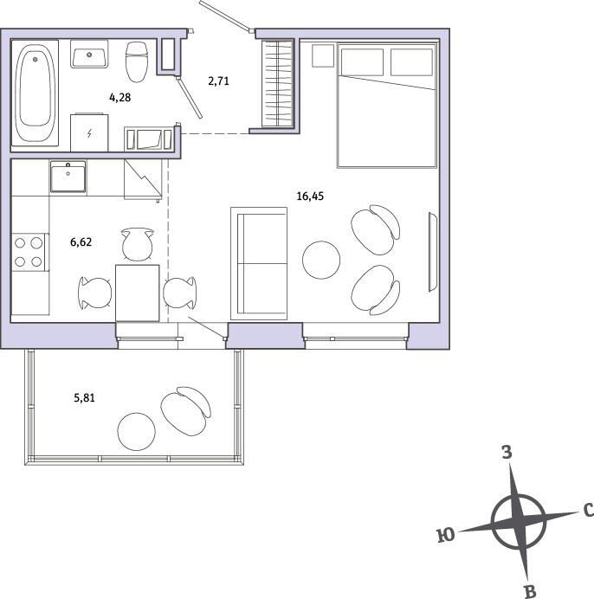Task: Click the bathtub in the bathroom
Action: (x=35, y=93)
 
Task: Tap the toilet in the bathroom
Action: (x=137, y=61)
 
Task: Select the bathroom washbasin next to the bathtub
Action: (x=89, y=54)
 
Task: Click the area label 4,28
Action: (x=120, y=98)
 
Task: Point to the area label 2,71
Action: (x=219, y=81)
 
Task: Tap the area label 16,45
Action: (x=310, y=196)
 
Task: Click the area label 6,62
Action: (x=81, y=242)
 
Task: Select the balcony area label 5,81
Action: (x=84, y=398)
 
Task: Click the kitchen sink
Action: (x=68, y=176)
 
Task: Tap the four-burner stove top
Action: (x=29, y=252)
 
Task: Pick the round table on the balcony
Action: (x=137, y=432)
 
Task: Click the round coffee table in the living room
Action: (x=321, y=260)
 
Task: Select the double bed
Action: (x=387, y=106)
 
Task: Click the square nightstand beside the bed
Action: (x=323, y=55)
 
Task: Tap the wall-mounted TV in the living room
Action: (x=433, y=252)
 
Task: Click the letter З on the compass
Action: (x=507, y=453)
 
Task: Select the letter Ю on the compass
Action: (x=446, y=536)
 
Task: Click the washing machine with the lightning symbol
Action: (x=89, y=132)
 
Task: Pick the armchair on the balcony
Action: (x=186, y=411)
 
